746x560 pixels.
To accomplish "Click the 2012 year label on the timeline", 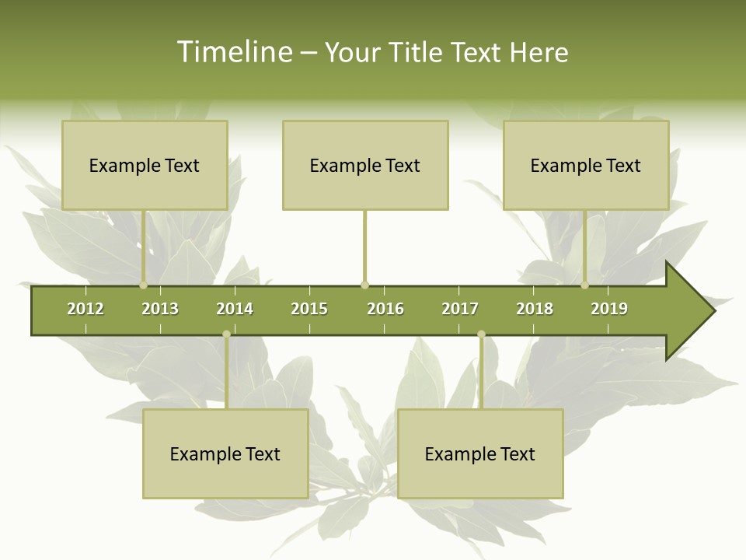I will [85, 309].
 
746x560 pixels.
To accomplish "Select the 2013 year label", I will [160, 309].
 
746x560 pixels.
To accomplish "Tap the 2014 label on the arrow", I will [235, 309].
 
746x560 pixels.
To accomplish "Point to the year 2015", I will [309, 309].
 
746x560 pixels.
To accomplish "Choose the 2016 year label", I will [385, 309].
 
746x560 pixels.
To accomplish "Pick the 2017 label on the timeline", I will [460, 309].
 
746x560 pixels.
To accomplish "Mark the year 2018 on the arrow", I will [535, 309].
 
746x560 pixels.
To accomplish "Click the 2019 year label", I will [609, 309].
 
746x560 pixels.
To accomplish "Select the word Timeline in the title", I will [234, 52].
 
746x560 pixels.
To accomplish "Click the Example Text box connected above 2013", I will [145, 165].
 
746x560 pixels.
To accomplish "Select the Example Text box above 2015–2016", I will [365, 165].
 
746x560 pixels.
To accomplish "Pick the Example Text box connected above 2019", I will [586, 165].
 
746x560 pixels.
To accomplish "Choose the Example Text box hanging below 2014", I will [225, 453].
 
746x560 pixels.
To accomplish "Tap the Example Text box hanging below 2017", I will [480, 453].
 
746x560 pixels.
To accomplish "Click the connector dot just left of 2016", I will [365, 285].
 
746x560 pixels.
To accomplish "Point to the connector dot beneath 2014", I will [226, 334].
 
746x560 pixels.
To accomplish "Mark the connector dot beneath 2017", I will [481, 334].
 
